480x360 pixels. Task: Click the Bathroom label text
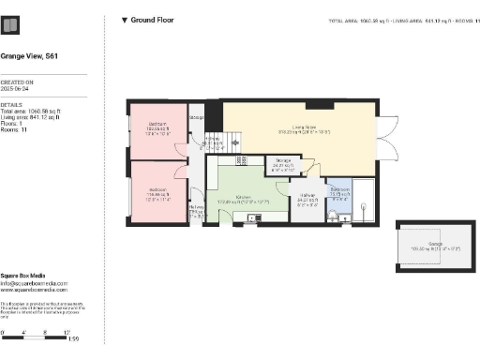tap(339, 192)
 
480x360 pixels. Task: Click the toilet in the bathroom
tap(335, 216)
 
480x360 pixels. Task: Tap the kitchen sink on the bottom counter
tap(251, 219)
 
